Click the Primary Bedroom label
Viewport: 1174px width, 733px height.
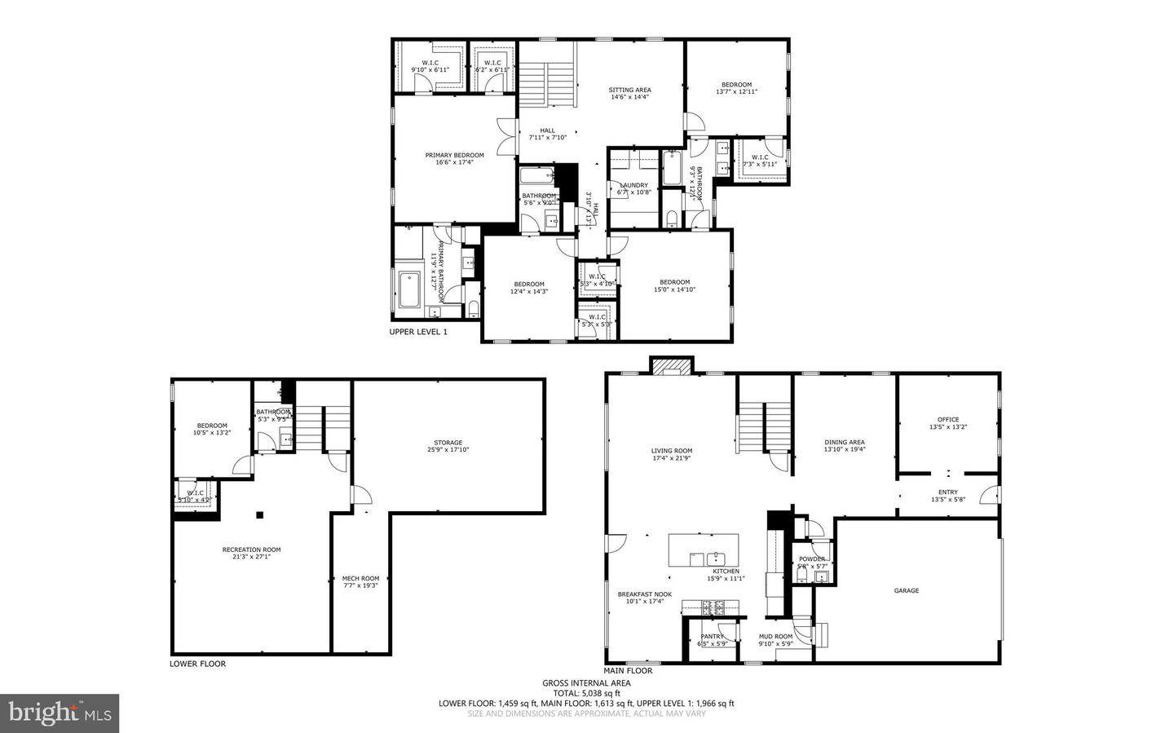pyautogui.click(x=454, y=158)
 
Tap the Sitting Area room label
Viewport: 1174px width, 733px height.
pyautogui.click(x=629, y=93)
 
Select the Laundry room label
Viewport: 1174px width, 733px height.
pyautogui.click(x=633, y=188)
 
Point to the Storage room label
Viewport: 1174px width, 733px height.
pyautogui.click(x=448, y=446)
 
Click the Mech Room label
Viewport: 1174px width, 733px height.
pyautogui.click(x=360, y=581)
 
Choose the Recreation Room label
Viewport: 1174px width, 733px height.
pyautogui.click(x=251, y=553)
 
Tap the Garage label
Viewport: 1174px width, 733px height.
pyautogui.click(x=906, y=590)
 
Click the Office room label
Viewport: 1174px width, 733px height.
pyautogui.click(x=948, y=422)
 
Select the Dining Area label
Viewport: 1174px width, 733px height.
pyautogui.click(x=845, y=445)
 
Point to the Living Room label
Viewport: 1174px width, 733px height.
pyautogui.click(x=672, y=454)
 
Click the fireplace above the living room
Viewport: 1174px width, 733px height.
pyautogui.click(x=671, y=366)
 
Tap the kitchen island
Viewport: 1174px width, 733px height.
pyautogui.click(x=703, y=550)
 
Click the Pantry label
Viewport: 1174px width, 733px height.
pyautogui.click(x=712, y=639)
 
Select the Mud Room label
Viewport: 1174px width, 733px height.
pyautogui.click(x=775, y=639)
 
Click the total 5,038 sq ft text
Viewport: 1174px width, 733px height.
pyautogui.click(x=586, y=693)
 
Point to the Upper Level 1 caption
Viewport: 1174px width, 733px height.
pyautogui.click(x=418, y=332)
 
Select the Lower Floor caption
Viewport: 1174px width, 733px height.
pyautogui.click(x=197, y=664)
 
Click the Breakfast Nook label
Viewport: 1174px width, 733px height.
pyautogui.click(x=644, y=598)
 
